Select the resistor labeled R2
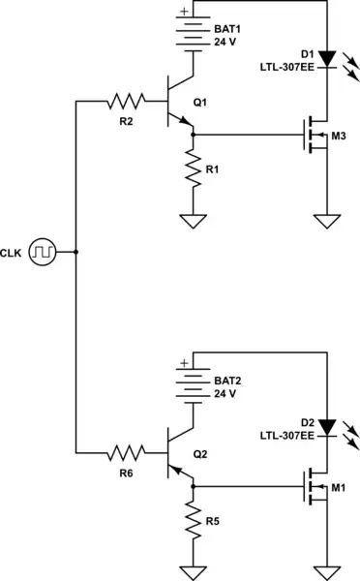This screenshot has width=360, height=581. (127, 100)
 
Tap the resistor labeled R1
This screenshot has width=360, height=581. (194, 170)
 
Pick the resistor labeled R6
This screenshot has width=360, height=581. (127, 450)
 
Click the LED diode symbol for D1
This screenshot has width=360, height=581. (329, 58)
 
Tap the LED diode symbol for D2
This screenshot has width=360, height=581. (329, 426)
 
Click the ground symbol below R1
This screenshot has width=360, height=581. (194, 221)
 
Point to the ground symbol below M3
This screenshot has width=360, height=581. (329, 221)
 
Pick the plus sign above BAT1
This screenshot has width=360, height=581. (182, 13)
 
